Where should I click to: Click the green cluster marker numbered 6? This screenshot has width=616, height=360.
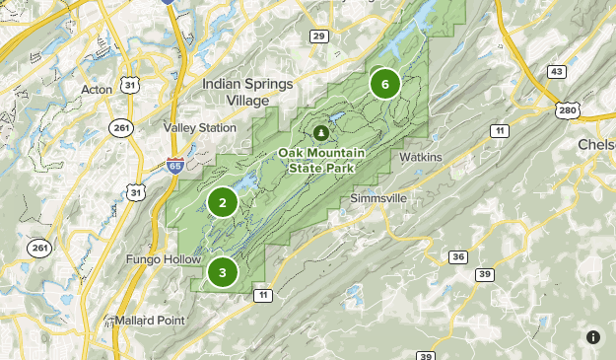click(x=384, y=84)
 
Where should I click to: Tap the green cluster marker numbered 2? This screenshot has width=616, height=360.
click(x=223, y=203)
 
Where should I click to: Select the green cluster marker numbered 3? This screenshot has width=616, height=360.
click(x=223, y=271)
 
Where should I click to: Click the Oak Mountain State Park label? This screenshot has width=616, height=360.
click(x=321, y=160)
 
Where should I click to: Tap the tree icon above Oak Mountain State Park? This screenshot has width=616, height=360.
click(x=319, y=132)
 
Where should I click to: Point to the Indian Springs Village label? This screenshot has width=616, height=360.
click(x=247, y=92)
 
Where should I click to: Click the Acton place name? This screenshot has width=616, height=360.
click(x=97, y=90)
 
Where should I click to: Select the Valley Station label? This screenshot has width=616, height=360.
click(x=200, y=127)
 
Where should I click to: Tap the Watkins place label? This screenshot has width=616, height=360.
click(x=421, y=157)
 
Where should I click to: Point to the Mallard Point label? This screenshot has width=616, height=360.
click(x=149, y=322)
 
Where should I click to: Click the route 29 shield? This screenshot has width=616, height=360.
click(x=317, y=36)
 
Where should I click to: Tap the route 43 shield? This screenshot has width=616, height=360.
click(x=558, y=71)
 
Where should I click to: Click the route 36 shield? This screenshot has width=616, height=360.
click(x=457, y=256)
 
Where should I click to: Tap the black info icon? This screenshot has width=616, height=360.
click(x=593, y=337)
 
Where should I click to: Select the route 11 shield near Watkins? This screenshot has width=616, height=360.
click(x=501, y=131)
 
